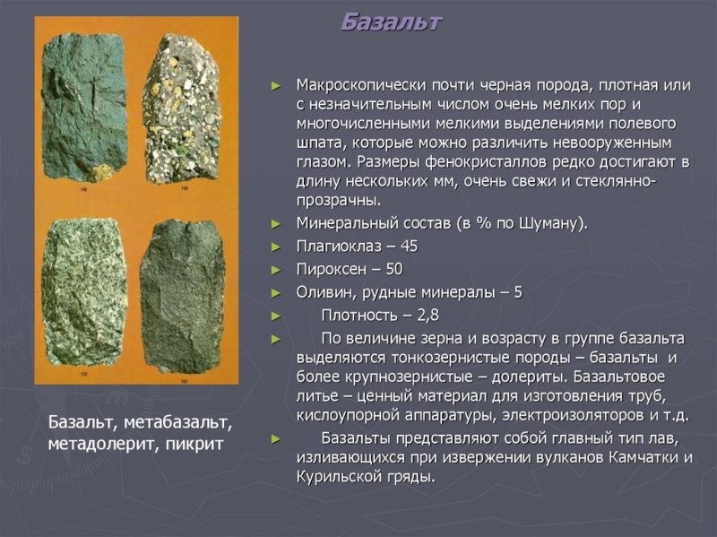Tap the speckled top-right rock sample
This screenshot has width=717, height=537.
coord(182,106)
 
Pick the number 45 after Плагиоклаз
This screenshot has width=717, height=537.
coord(409,246)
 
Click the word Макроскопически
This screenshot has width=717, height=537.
coord(356,85)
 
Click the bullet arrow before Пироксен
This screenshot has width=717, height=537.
coord(276,270)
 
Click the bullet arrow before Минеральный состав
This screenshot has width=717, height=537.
coord(276,223)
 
